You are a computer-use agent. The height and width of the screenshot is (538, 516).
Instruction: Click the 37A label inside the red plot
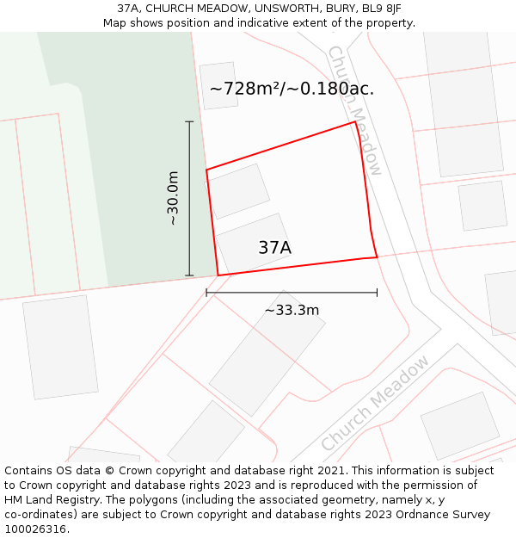[274, 248]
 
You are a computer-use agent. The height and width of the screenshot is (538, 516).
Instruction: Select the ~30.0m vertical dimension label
[173, 199]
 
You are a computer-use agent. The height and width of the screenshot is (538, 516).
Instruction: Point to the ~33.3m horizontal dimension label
[292, 310]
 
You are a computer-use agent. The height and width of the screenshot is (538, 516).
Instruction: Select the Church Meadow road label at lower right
[375, 403]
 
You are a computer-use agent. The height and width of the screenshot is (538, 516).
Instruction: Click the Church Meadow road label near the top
[354, 110]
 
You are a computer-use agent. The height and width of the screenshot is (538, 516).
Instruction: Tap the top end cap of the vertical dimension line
[189, 122]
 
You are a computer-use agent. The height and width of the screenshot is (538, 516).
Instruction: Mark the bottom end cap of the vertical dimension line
[189, 275]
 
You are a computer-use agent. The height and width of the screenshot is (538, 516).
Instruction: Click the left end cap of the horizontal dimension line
[206, 293]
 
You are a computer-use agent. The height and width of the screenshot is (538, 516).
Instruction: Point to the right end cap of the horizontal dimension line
[377, 293]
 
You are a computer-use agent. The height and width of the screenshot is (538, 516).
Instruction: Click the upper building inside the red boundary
[238, 191]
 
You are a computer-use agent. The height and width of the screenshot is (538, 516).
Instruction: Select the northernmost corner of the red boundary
[355, 122]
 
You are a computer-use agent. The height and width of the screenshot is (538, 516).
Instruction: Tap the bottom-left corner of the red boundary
[218, 275]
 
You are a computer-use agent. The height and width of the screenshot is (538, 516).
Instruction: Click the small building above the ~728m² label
[218, 85]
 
